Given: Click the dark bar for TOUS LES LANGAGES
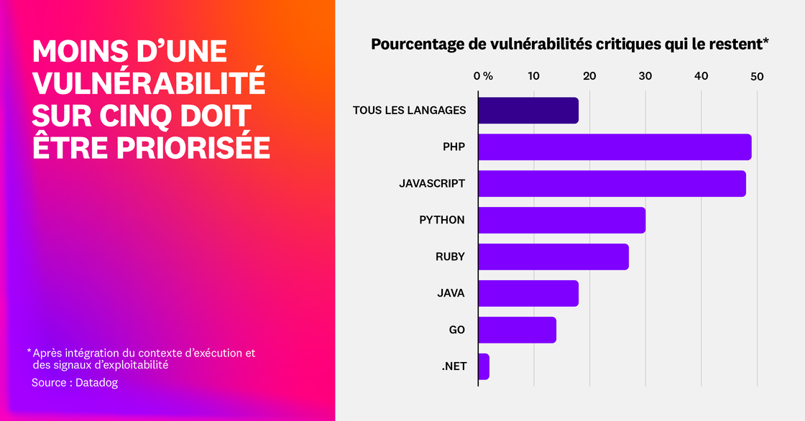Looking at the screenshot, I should (528, 110).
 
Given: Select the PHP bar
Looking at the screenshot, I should (615, 147).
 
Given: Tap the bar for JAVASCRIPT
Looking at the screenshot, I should (612, 183).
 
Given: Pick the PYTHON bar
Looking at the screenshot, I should (561, 220).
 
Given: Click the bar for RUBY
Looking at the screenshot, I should (553, 256).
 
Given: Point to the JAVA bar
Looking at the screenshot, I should (528, 293).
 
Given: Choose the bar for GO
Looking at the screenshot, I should (517, 330).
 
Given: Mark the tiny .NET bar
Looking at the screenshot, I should (484, 366).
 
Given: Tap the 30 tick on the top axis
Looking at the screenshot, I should (645, 76).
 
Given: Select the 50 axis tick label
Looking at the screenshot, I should (756, 76).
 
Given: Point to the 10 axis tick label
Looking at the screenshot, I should (533, 76).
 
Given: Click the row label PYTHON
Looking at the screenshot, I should (442, 220).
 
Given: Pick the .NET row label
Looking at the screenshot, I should (454, 366).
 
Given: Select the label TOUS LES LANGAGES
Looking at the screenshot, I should (409, 110).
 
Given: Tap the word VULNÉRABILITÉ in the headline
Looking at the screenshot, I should (149, 83).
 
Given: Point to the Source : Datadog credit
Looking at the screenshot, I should (75, 383).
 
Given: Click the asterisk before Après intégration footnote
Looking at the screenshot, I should (29, 351).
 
